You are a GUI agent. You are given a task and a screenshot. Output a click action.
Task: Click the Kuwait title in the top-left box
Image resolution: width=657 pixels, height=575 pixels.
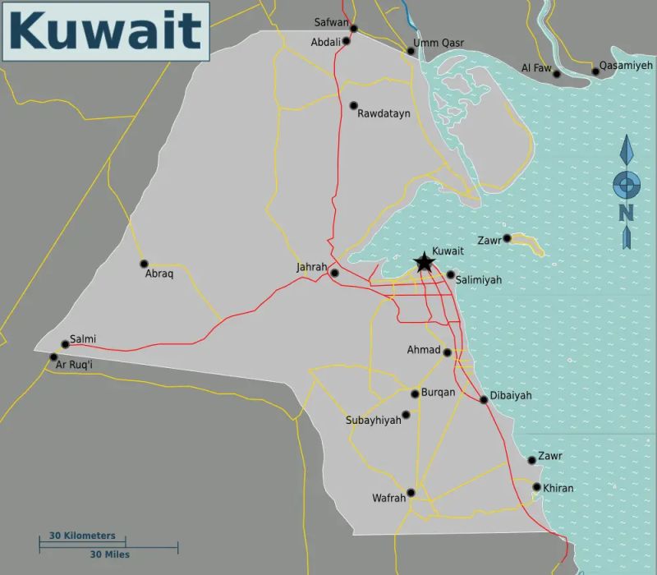(105, 31)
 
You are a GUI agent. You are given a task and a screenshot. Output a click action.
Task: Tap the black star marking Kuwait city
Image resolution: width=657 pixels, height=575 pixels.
(424, 263)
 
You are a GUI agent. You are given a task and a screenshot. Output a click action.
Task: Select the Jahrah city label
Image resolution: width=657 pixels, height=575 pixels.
(312, 268)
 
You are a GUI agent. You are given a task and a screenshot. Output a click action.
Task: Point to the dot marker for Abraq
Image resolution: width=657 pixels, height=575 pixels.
(144, 264)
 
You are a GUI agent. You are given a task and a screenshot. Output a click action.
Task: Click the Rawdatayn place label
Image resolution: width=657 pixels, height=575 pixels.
(384, 114)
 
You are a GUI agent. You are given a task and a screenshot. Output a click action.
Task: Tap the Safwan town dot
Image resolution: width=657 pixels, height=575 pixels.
(354, 29)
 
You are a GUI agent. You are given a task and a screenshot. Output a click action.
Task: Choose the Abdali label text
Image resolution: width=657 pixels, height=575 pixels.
(325, 42)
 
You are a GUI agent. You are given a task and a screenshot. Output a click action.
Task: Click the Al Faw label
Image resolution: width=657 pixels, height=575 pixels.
(536, 68)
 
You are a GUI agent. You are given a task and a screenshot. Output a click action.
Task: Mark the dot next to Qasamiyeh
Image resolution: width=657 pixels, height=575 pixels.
(596, 71)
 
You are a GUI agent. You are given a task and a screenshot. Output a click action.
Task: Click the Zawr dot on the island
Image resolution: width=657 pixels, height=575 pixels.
(508, 238)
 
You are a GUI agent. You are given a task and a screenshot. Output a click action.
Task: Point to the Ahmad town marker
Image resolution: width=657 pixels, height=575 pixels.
(448, 352)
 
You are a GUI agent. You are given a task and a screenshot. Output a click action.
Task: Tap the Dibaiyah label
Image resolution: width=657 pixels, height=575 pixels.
(511, 396)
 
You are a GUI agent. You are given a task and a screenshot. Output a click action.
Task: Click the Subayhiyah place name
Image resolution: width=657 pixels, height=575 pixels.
(374, 421)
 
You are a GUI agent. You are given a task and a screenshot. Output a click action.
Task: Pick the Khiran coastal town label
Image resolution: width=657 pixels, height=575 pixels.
(558, 489)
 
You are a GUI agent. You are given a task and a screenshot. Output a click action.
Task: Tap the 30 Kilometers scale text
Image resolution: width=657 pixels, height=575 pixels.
(82, 536)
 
